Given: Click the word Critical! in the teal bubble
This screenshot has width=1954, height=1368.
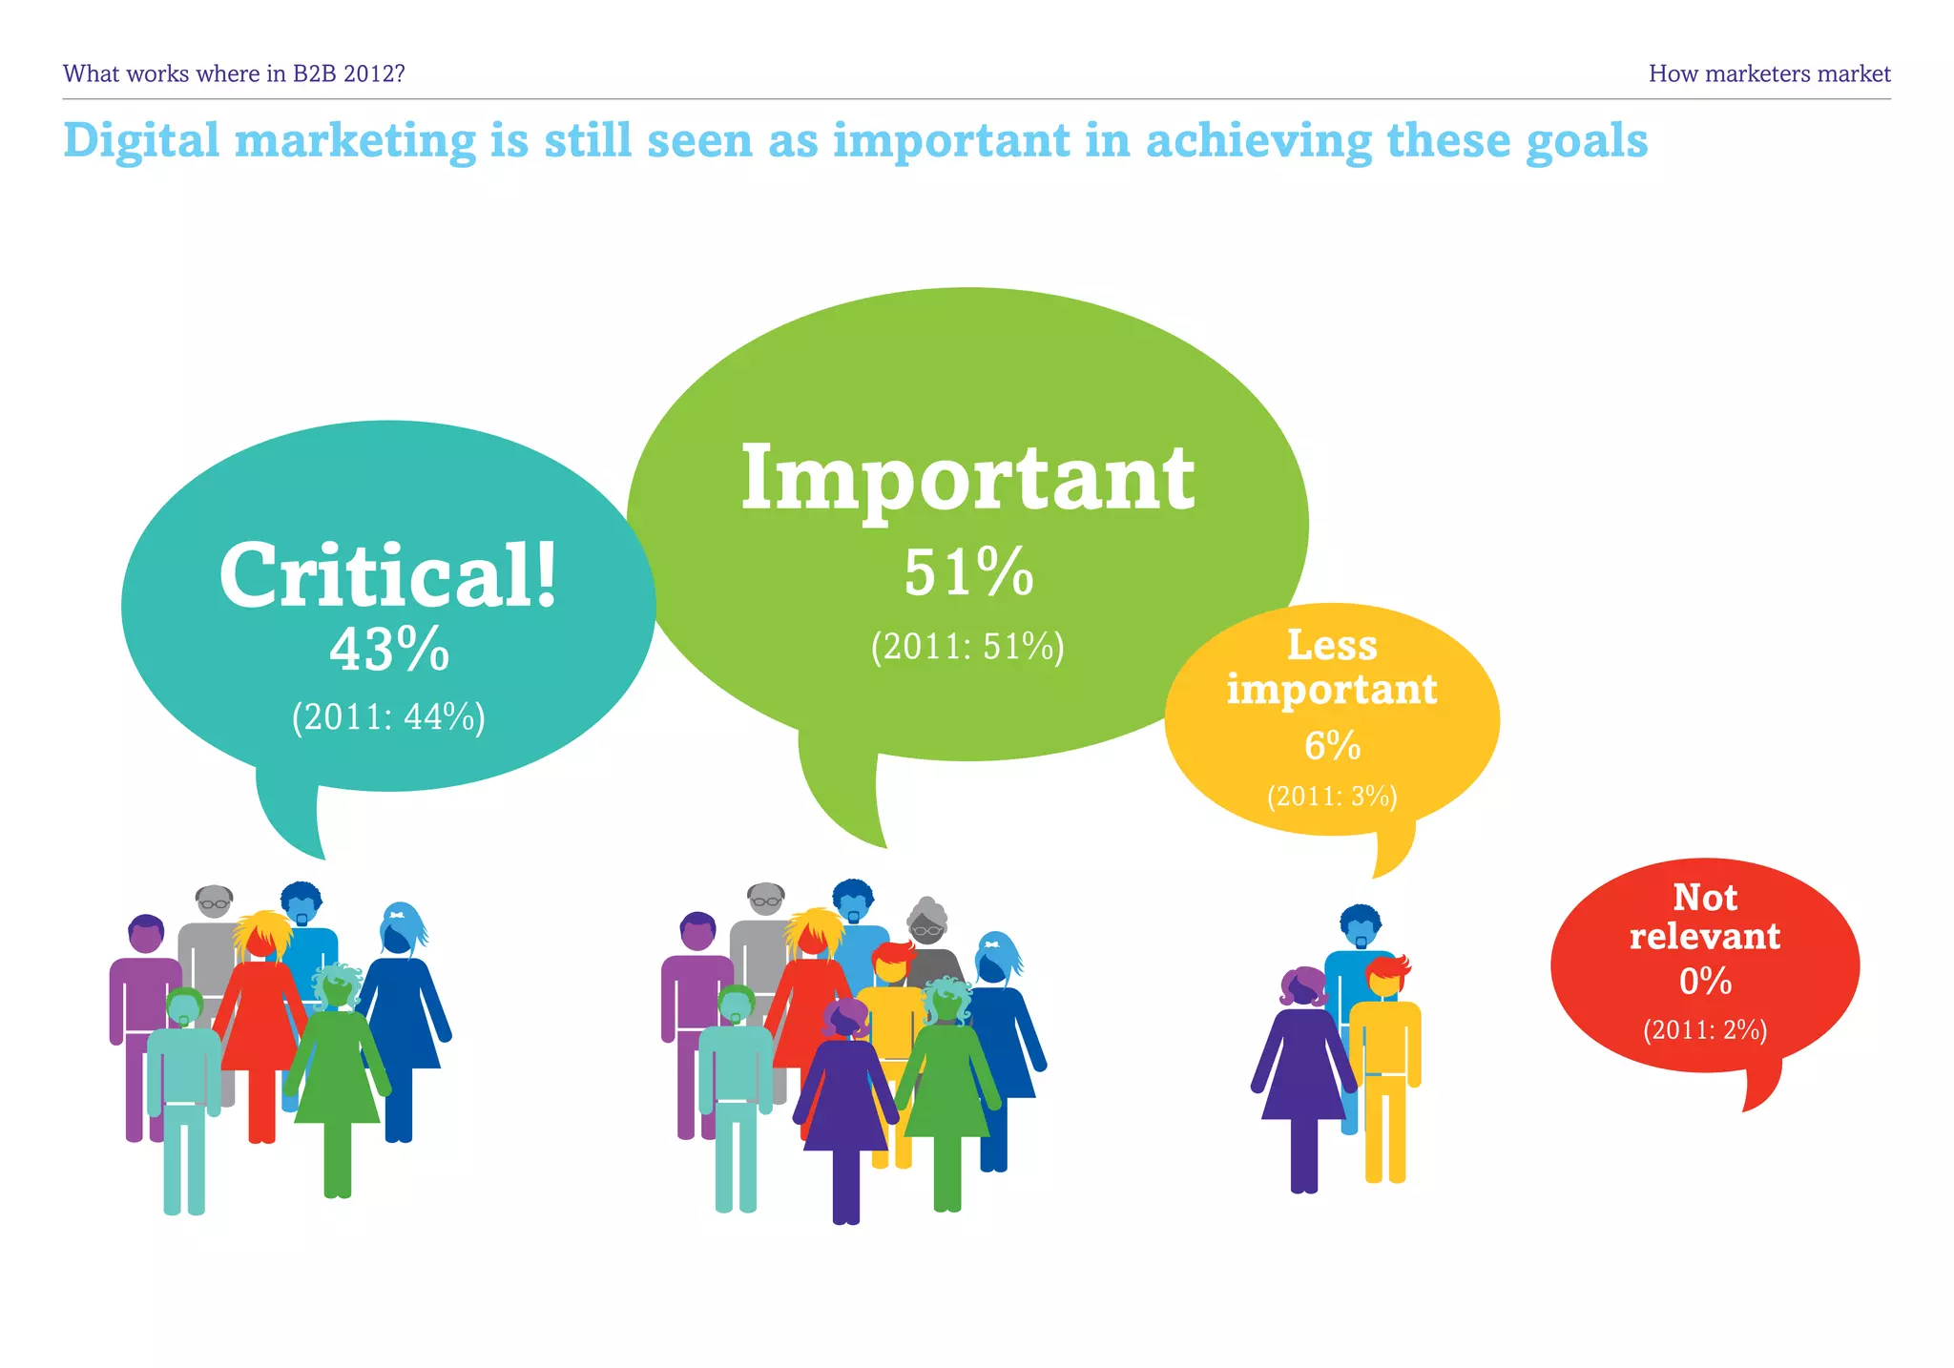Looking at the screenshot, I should pos(387,576).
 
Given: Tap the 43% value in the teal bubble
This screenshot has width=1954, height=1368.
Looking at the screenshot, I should pos(389,651).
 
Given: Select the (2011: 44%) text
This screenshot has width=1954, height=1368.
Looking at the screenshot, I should pos(388,717).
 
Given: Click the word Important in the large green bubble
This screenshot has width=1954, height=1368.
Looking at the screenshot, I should pos(967,479).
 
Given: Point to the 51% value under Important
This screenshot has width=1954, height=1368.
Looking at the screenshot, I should pos(968,573).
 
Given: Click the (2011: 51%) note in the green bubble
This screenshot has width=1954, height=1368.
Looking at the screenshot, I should pos(967,647).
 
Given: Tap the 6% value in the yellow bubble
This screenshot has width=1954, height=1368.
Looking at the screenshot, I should pos(1332,746).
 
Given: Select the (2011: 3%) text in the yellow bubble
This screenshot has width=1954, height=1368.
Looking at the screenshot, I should pos(1332,797).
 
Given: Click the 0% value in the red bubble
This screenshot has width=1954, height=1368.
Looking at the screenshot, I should pos(1705,981).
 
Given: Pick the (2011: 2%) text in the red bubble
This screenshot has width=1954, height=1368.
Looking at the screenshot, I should pos(1705,1030).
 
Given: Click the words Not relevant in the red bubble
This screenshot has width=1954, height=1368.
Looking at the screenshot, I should pos(1705,917).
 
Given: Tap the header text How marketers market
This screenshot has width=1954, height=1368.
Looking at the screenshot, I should pos(1769,73).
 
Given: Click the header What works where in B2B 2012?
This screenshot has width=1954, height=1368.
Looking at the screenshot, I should pos(234,73).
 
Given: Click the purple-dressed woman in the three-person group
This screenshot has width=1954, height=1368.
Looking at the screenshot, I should pos(1302,1068).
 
